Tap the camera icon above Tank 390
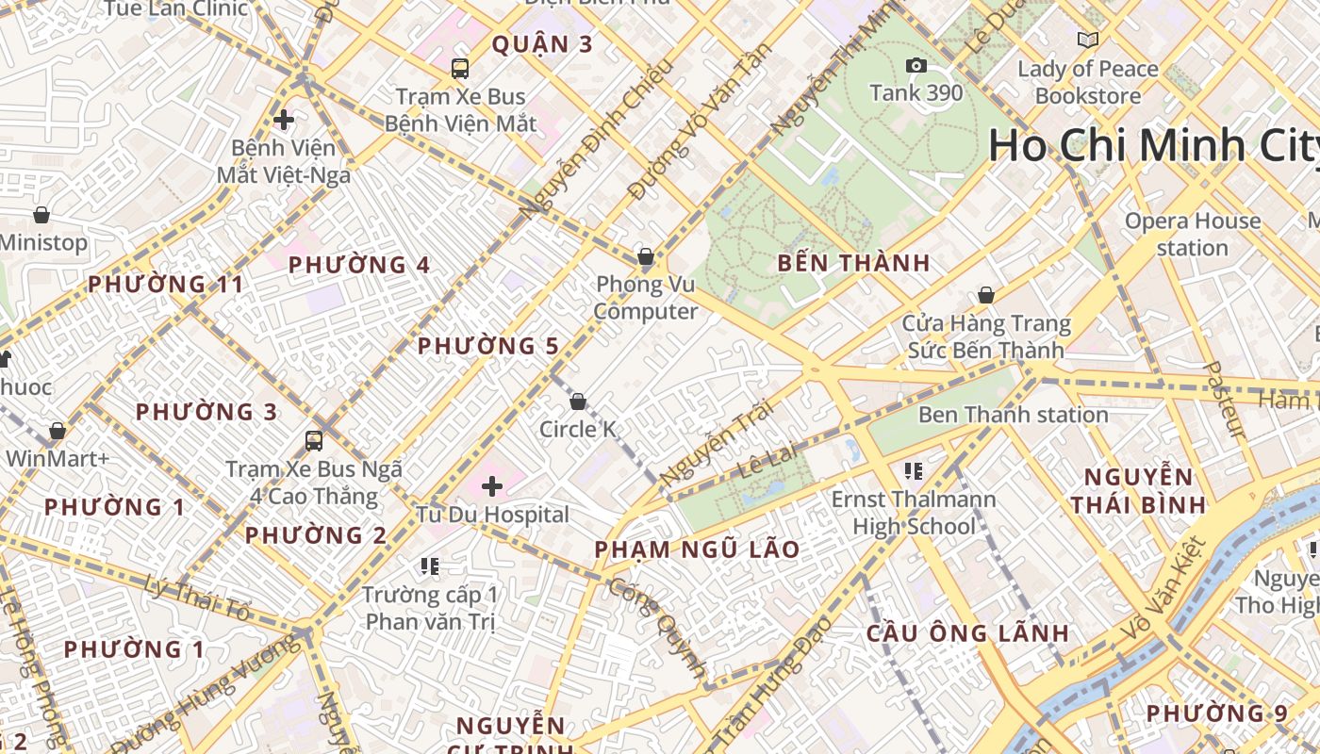pyautogui.click(x=916, y=65)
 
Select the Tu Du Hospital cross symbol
pyautogui.click(x=492, y=486)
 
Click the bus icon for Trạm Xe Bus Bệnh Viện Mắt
pyautogui.click(x=460, y=69)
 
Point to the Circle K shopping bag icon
pyautogui.click(x=578, y=402)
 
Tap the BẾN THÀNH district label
pyautogui.click(x=853, y=263)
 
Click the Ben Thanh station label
pyautogui.click(x=1013, y=415)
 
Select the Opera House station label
pyautogui.click(x=1192, y=235)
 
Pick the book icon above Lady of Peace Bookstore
pyautogui.click(x=1088, y=40)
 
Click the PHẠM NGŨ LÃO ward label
pyautogui.click(x=697, y=549)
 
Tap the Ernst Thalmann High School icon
pyautogui.click(x=913, y=470)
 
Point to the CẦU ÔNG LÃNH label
pyautogui.click(x=967, y=632)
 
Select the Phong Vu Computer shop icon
pyautogui.click(x=646, y=256)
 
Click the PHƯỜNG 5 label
pyautogui.click(x=488, y=346)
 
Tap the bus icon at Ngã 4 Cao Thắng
pyautogui.click(x=314, y=441)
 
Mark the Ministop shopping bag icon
pyautogui.click(x=41, y=215)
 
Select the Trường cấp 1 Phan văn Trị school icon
pyautogui.click(x=430, y=566)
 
